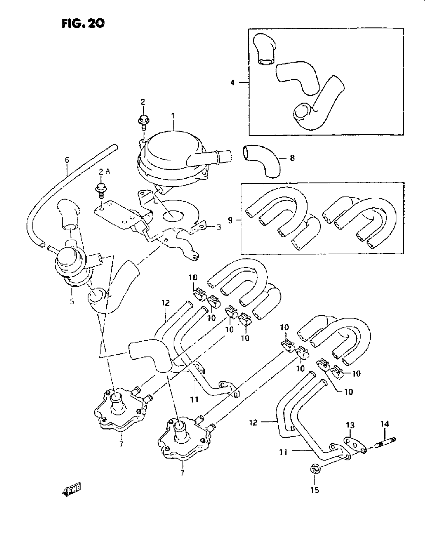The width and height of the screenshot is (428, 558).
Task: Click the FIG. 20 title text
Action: point(83,23)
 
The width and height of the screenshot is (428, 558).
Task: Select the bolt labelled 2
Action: point(144,120)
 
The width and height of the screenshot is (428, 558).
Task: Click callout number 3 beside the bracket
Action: point(219,227)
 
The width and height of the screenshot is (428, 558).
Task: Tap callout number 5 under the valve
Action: point(72,302)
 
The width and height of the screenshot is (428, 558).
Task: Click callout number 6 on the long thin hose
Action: point(67,160)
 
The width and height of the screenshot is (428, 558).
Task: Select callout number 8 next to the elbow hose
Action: point(292,158)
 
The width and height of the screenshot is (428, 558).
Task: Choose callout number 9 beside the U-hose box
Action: point(230,220)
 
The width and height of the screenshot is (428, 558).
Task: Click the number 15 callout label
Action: point(315,490)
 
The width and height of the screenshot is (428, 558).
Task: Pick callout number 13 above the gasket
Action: point(350,425)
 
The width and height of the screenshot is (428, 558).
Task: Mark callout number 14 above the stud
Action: point(385,424)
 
